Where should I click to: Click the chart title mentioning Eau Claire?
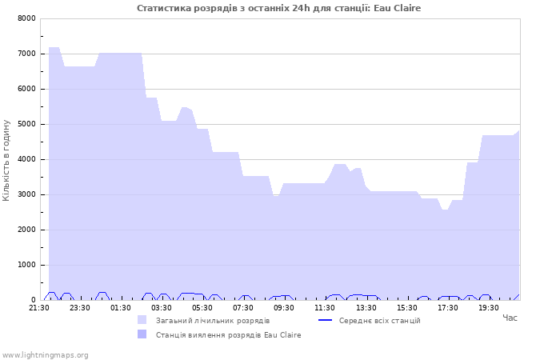pyautogui.click(x=278, y=8)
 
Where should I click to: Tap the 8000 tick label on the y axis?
pyautogui.click(x=26, y=18)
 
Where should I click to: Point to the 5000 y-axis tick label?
pyautogui.click(x=26, y=124)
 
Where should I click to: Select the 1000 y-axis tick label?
pyautogui.click(x=26, y=265)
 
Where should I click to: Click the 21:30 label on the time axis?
pyautogui.click(x=39, y=308)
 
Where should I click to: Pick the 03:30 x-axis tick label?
pyautogui.click(x=162, y=308)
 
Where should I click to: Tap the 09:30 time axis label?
pyautogui.click(x=284, y=308)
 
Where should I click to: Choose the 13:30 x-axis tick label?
pyautogui.click(x=366, y=308)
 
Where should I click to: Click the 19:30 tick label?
pyautogui.click(x=489, y=308)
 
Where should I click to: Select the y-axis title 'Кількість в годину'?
pyautogui.click(x=6, y=160)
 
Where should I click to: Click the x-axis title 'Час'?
pyautogui.click(x=510, y=318)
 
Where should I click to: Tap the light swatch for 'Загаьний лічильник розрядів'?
pyautogui.click(x=142, y=320)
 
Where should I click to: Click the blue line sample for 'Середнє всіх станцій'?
pyautogui.click(x=325, y=320)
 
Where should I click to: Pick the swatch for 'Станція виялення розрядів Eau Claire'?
pyautogui.click(x=142, y=334)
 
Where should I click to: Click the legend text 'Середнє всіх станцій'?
pyautogui.click(x=380, y=321)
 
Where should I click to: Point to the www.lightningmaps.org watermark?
pyautogui.click(x=45, y=355)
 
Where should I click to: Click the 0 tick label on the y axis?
pyautogui.click(x=34, y=300)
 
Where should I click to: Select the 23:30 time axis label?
pyautogui.click(x=80, y=308)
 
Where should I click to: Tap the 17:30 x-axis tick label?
pyautogui.click(x=448, y=308)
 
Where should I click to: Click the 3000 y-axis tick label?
pyautogui.click(x=26, y=194)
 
